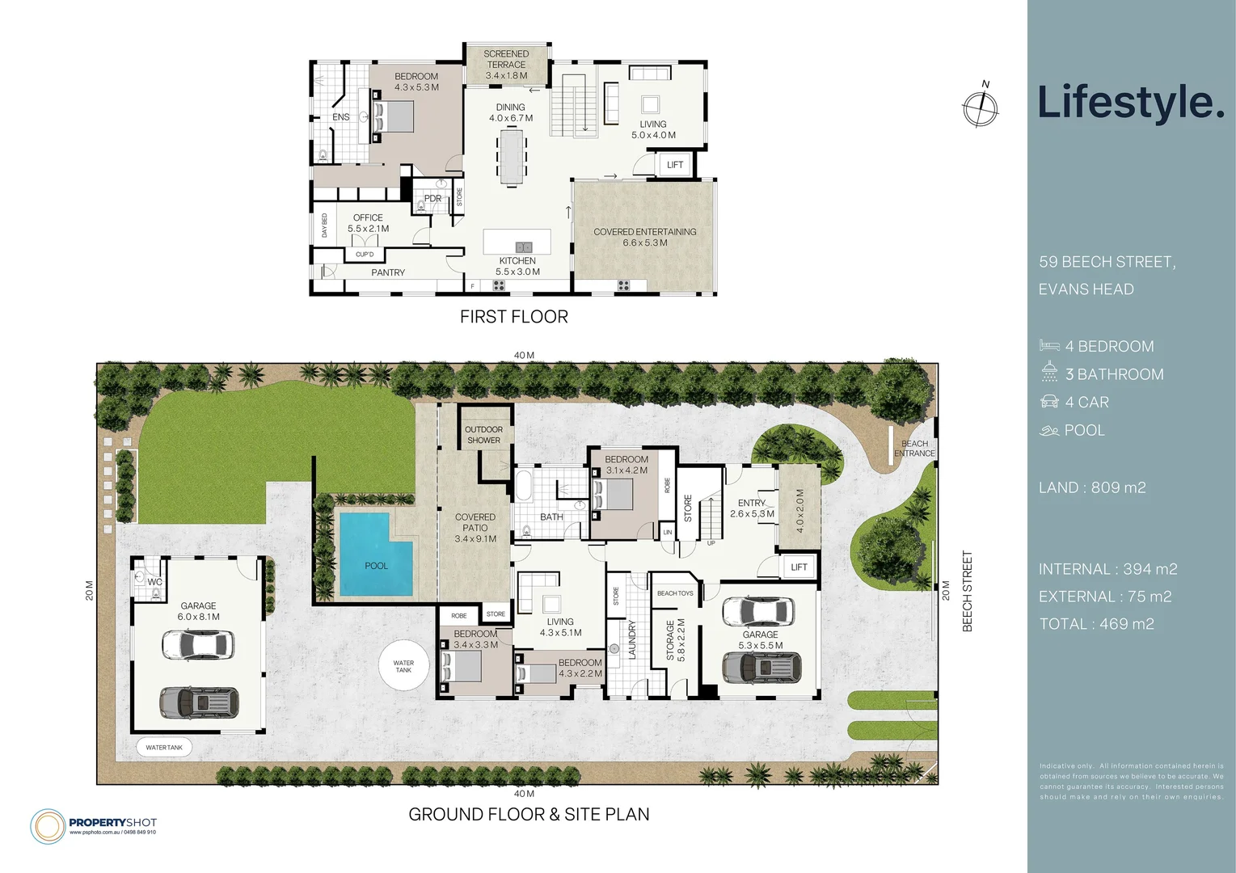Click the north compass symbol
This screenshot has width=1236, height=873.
point(981,108)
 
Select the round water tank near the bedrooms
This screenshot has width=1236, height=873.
point(403,666)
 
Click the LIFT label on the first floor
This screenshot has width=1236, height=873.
point(675,165)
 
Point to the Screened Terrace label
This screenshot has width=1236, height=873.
point(506,65)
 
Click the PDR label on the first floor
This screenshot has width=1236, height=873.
point(432,199)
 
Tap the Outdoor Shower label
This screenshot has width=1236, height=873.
point(483,435)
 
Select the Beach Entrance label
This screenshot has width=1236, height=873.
point(914,449)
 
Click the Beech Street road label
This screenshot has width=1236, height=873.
point(968,592)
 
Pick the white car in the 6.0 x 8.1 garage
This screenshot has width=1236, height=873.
point(198,645)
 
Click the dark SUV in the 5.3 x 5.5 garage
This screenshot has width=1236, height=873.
point(761,668)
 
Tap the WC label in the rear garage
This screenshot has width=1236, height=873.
point(154,582)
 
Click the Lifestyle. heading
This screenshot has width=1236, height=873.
point(1130,103)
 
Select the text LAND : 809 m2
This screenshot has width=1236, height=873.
point(1092,487)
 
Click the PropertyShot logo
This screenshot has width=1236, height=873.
point(94,825)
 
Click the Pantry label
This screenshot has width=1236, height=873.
point(388,273)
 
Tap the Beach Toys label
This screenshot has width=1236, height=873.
point(675,593)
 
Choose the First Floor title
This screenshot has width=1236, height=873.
point(513,317)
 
